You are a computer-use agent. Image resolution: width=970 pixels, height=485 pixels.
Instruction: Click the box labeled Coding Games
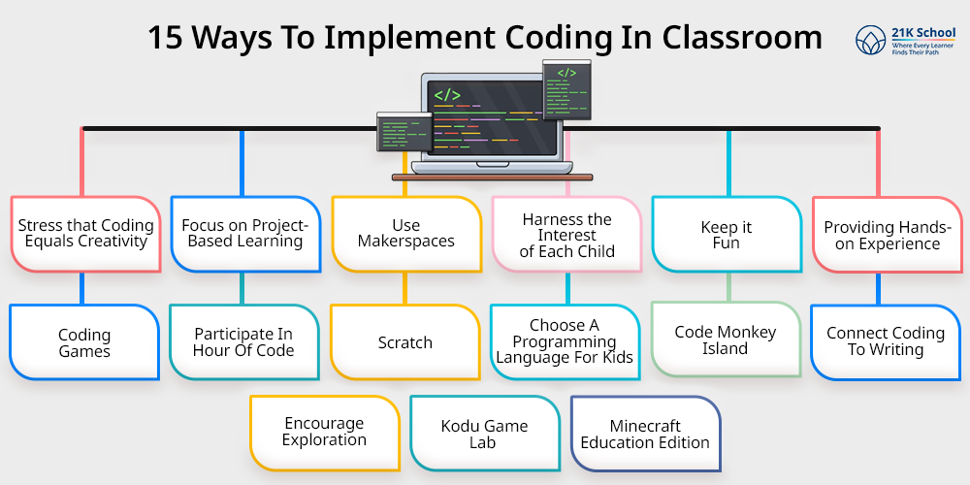(84, 342)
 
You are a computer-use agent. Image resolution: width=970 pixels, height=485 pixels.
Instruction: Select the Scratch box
(405, 342)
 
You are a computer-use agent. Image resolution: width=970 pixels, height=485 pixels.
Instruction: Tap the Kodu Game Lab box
(484, 434)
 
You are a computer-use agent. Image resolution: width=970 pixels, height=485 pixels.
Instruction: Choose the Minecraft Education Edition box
(645, 434)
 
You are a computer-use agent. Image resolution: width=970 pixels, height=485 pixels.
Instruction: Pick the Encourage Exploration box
(325, 434)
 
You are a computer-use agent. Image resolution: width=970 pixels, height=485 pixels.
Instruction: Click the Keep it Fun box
(727, 235)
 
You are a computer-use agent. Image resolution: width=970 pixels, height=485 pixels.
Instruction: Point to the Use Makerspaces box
(405, 235)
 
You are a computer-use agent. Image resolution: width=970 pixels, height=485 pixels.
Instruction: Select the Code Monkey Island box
(726, 339)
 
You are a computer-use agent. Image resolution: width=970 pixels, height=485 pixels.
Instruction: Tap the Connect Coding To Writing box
(886, 342)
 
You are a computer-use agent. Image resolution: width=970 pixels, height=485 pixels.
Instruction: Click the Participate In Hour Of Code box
(244, 342)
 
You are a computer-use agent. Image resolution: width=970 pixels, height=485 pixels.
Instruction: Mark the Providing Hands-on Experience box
(888, 235)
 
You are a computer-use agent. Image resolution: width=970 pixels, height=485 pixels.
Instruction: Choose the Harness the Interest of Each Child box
(566, 235)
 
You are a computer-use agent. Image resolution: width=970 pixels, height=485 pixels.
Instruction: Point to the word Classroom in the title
(742, 39)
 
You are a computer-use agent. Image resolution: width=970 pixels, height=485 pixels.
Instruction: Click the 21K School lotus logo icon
(871, 40)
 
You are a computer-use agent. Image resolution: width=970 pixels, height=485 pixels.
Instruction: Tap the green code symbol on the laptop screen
(446, 95)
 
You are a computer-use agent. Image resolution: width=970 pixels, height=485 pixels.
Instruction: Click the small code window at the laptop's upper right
(566, 90)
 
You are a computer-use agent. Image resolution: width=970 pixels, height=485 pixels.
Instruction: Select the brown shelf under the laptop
(493, 178)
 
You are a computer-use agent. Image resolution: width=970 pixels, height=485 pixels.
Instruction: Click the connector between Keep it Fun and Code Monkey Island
(728, 288)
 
